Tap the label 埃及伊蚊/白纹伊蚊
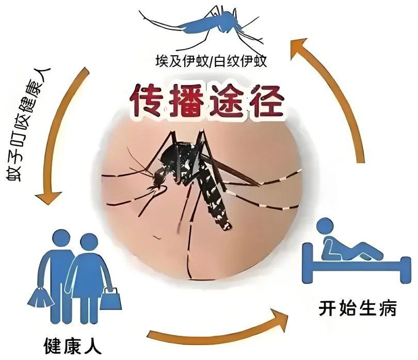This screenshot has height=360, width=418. pos(211,61)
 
